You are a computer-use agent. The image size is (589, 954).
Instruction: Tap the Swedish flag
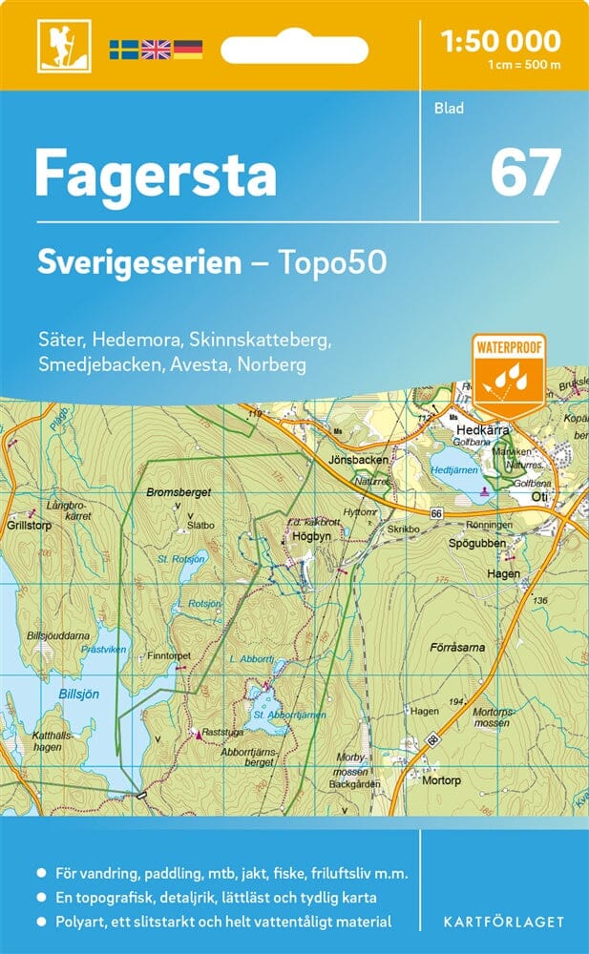point(123,49)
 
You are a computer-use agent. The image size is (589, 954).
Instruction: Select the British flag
point(155,49)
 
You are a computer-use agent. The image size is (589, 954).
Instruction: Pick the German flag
point(187,49)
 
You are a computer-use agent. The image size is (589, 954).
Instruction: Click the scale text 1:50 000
point(501,41)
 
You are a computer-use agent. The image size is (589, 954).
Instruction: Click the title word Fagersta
point(156,175)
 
